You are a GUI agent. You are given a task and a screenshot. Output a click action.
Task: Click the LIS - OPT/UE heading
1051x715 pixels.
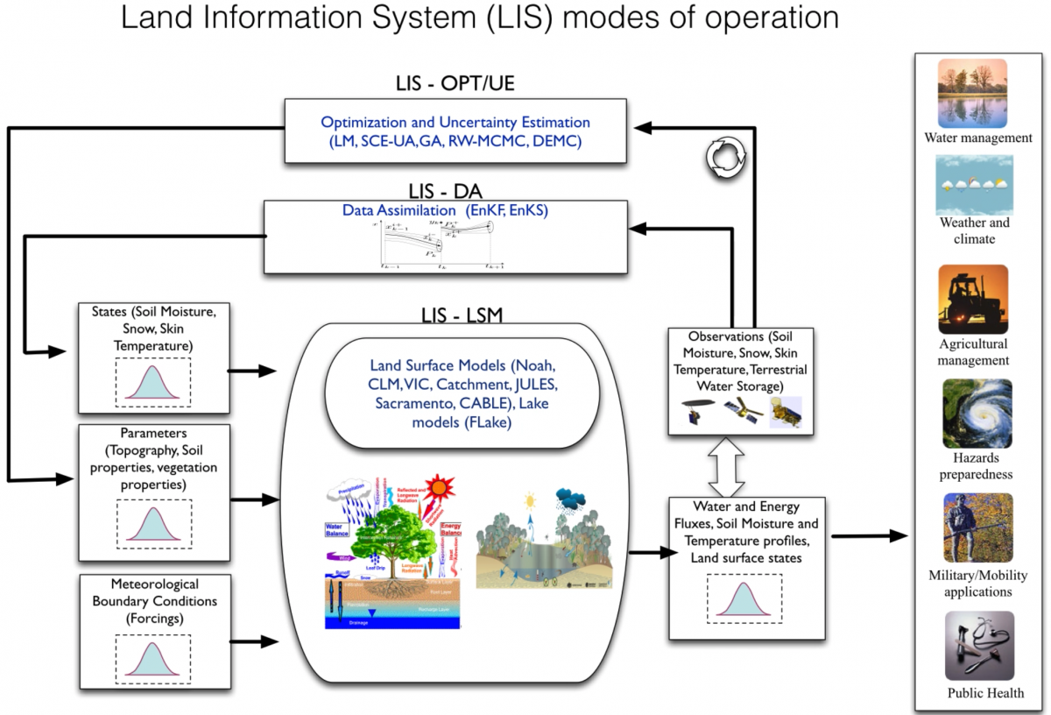[455, 84]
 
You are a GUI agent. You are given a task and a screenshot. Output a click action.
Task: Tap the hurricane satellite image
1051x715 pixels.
[977, 414]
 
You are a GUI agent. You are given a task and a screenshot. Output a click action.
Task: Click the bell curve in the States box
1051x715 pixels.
[153, 380]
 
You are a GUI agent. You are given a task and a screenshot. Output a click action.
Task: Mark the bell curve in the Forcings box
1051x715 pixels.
[153, 658]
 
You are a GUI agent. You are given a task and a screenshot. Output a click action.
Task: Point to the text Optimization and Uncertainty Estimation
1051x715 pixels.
[455, 123]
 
